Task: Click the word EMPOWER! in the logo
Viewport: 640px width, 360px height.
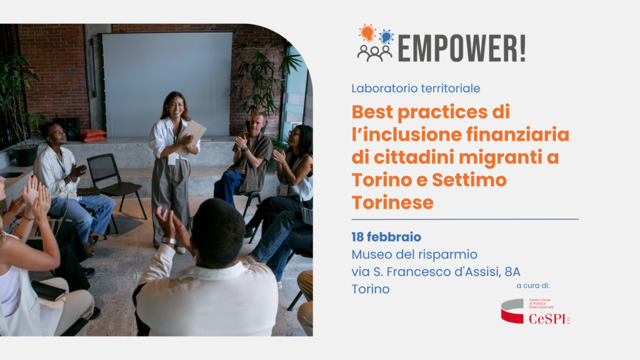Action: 462,49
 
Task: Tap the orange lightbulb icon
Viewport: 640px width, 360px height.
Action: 367,33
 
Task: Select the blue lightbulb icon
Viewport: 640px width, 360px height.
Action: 386,37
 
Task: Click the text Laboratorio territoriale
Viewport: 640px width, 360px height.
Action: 416,88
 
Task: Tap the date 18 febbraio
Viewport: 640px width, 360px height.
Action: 386,237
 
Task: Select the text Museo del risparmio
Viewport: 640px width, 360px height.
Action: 414,254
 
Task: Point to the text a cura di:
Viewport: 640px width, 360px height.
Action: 532,286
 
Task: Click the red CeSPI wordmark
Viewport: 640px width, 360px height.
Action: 547,318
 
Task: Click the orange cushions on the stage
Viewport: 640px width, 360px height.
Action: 92,136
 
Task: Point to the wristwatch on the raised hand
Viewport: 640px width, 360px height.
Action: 169,241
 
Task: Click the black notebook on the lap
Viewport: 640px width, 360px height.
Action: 49,291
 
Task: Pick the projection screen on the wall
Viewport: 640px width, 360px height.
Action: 167,84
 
